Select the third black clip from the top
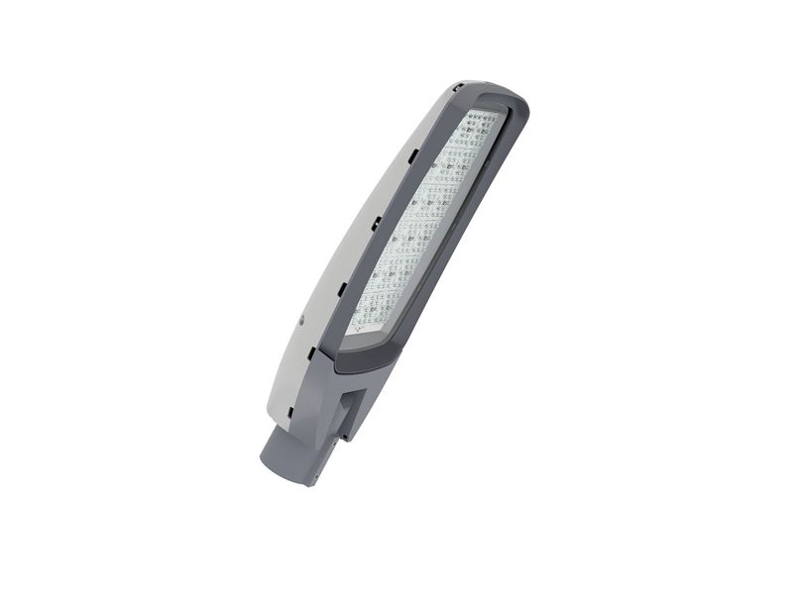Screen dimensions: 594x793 point(377,224)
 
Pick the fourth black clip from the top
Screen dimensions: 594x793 point(342,289)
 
